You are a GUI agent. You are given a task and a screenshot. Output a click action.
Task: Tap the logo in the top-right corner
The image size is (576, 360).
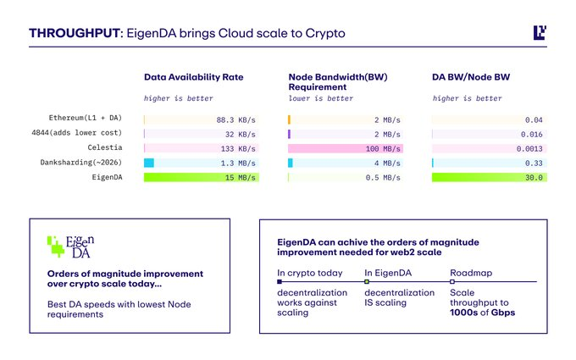pos(540,33)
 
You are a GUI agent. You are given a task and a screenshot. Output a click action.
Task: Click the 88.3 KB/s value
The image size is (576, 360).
pos(235,119)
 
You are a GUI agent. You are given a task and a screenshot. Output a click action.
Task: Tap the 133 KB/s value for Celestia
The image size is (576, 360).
pos(237,148)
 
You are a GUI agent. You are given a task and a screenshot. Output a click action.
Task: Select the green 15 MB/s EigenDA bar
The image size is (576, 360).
pos(202,178)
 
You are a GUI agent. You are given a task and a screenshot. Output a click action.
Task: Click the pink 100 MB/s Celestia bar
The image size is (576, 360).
pos(346,148)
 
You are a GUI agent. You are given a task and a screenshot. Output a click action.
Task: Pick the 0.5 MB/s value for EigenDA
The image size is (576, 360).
pos(379,178)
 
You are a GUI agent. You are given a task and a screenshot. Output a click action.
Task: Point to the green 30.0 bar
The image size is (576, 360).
pos(489,178)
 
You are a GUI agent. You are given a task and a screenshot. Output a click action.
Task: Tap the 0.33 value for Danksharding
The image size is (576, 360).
pos(533,163)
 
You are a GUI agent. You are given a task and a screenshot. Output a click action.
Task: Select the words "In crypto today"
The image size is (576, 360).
pos(309,273)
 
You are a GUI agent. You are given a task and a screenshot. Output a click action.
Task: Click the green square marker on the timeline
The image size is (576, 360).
pos(367,282)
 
